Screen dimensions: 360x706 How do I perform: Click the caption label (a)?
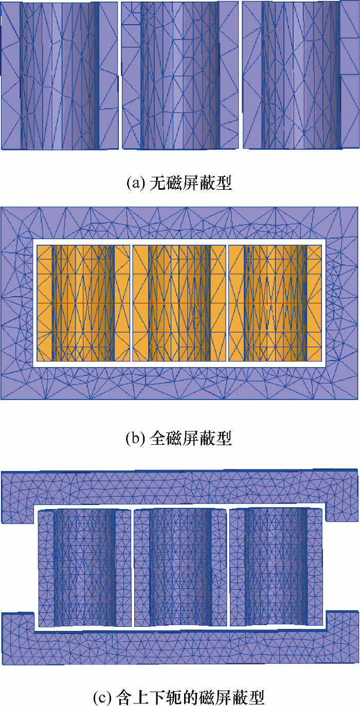(136, 183)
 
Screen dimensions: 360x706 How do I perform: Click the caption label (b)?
(136, 439)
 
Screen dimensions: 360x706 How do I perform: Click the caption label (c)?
(103, 697)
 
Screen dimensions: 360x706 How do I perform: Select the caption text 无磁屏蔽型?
(191, 183)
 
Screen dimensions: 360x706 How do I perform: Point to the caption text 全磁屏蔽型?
(191, 439)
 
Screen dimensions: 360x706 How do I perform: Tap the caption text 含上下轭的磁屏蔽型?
(190, 697)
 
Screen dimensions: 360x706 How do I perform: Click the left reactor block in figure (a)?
(59, 75)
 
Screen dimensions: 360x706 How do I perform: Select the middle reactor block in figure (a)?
(181, 75)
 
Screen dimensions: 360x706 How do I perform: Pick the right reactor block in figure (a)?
(301, 75)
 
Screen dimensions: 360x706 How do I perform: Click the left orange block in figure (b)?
(83, 303)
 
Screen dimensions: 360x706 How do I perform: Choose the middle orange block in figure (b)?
(179, 303)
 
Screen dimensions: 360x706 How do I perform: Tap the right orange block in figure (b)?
(275, 303)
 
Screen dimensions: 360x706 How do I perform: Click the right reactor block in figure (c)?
(276, 567)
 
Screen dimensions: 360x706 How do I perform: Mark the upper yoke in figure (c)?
(179, 486)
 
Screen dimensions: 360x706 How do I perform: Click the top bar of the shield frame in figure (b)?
(179, 223)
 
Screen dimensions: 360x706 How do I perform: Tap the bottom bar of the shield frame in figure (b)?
(179, 383)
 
